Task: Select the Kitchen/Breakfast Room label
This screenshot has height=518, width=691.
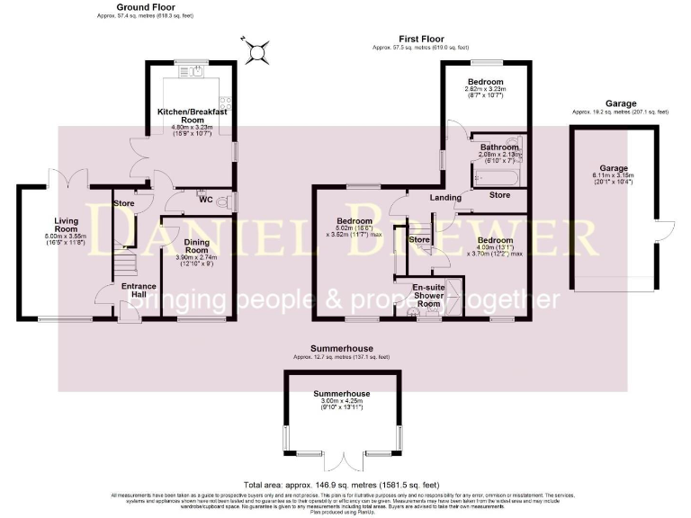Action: click(x=190, y=115)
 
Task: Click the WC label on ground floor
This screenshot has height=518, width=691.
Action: click(x=206, y=200)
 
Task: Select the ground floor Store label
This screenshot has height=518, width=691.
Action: click(x=124, y=203)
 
